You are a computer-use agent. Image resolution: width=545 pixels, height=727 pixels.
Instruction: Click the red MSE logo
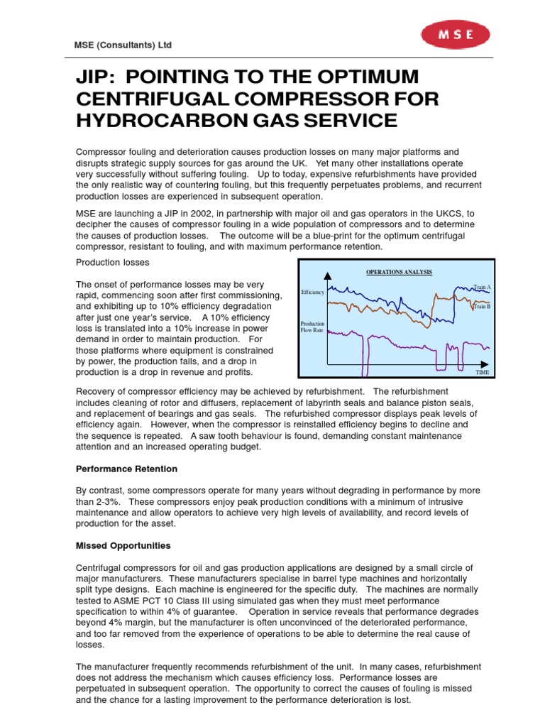455,33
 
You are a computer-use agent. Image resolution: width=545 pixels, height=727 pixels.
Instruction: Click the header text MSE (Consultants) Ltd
123,45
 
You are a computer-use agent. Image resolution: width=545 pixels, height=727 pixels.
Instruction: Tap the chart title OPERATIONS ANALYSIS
399,272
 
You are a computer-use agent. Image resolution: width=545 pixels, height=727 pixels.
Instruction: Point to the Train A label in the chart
483,288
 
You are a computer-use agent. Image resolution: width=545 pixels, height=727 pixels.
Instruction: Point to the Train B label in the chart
483,306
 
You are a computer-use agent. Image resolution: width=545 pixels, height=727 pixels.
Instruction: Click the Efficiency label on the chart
312,292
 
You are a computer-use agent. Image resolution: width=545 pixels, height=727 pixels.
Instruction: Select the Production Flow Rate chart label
312,327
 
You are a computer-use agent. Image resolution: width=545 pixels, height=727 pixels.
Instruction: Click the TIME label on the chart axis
483,372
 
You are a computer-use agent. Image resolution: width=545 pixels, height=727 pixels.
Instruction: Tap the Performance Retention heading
126,469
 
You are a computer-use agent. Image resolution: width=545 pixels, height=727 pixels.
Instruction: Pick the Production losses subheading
113,262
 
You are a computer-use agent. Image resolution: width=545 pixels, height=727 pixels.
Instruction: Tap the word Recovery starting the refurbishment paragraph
96,392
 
